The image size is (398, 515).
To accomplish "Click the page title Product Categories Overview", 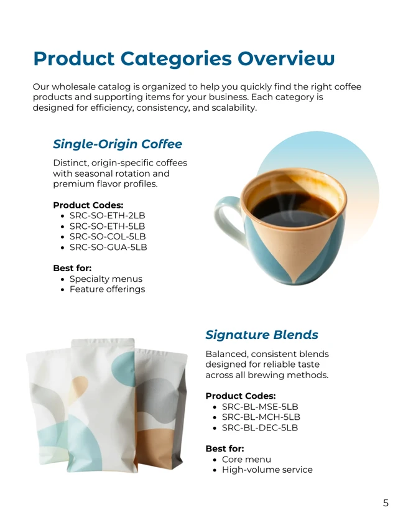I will tap(183, 58).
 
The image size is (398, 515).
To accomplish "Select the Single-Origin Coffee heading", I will tap(118, 144).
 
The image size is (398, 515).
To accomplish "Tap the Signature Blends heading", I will tap(262, 335).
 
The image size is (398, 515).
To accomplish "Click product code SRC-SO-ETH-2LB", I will tap(107, 216).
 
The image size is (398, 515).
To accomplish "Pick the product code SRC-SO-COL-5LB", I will tap(108, 237).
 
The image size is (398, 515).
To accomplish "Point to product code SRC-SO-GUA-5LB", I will tap(108, 248).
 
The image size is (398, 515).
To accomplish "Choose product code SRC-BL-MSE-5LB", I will tap(260, 407).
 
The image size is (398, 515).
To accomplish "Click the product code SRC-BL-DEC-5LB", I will tap(260, 428).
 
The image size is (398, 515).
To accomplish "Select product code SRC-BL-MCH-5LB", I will tap(261, 417).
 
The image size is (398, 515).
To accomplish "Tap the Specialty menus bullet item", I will tap(106, 279).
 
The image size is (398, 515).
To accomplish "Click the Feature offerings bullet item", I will tap(107, 289).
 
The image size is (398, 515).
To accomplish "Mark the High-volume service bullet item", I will tap(267, 470).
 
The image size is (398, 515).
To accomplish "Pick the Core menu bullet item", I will tap(246, 460).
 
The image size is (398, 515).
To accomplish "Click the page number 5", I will tap(386, 503).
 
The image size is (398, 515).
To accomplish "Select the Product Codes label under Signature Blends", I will tap(240, 396).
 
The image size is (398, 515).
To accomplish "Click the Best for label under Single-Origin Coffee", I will tap(72, 268).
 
